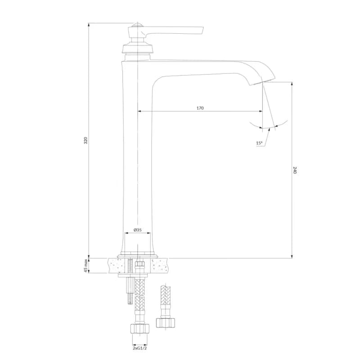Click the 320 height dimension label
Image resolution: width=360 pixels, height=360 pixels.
tap(85, 140)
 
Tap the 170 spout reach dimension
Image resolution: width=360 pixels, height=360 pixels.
tap(200, 108)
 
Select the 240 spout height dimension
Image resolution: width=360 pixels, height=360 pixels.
tap(295, 170)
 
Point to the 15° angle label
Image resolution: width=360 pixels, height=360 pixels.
tap(259, 143)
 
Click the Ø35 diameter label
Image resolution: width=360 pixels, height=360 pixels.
tap(138, 230)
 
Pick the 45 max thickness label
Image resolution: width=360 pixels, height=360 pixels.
tap(85, 265)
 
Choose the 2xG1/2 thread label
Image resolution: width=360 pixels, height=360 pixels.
tap(139, 348)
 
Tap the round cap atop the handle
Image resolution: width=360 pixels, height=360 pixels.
tap(137, 25)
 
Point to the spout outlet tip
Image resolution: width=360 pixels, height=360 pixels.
tap(262, 83)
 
